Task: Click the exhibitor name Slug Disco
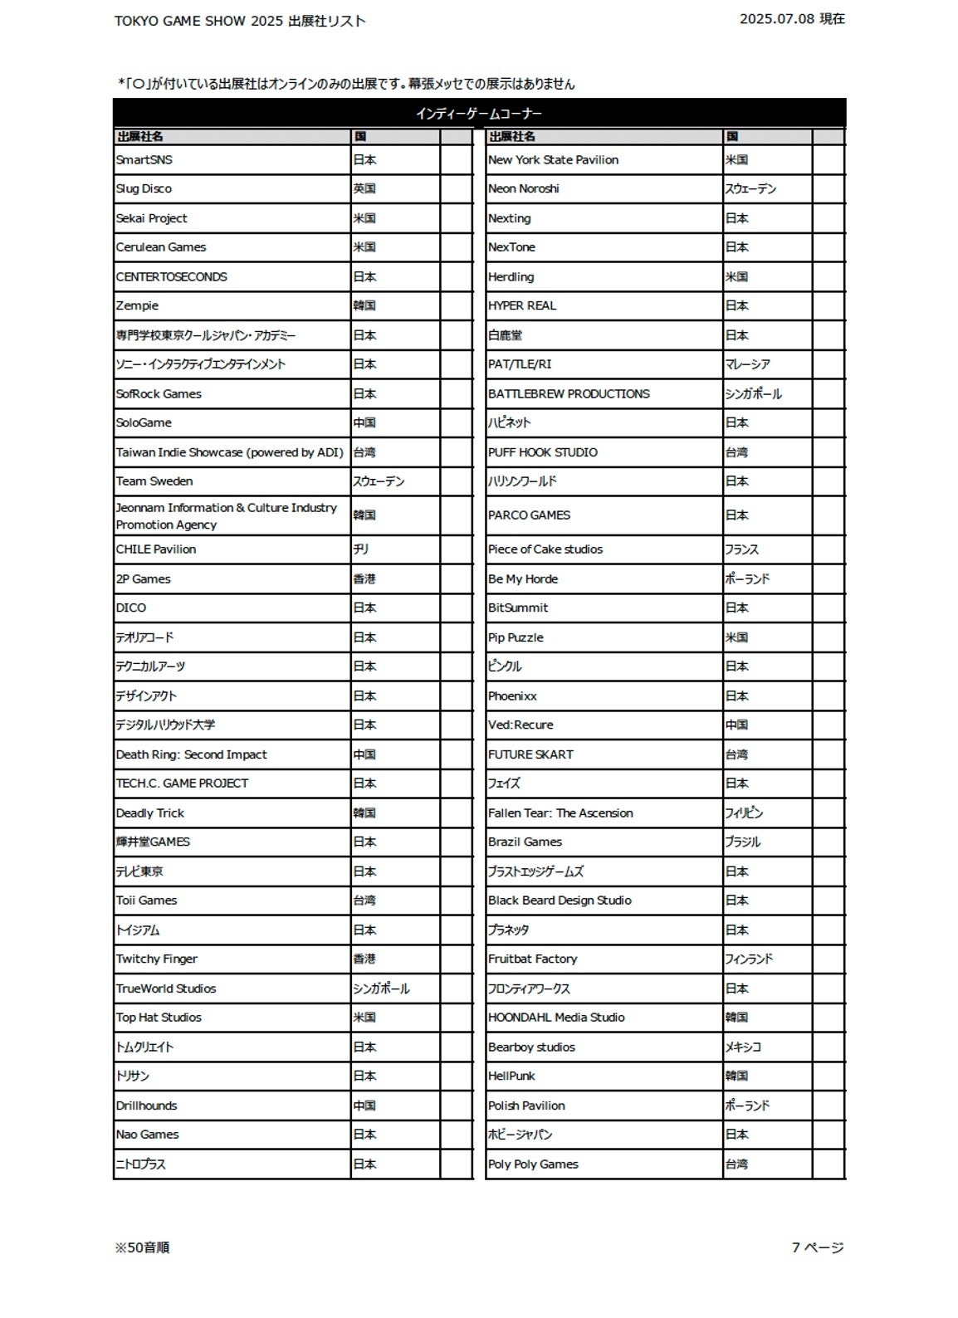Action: point(144,189)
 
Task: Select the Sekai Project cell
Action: point(152,218)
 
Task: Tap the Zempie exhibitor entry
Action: point(138,306)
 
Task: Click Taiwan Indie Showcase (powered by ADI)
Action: point(229,452)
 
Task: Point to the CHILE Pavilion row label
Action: point(156,549)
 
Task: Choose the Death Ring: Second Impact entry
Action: point(192,754)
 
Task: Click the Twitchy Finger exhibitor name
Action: point(157,959)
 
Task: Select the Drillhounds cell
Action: point(147,1106)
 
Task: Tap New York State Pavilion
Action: point(553,160)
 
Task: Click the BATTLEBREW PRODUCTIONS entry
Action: point(569,394)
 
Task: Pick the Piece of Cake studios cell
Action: point(545,549)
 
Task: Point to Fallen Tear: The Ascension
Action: point(560,813)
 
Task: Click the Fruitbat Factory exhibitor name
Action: point(532,959)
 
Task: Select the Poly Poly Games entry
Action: point(533,1164)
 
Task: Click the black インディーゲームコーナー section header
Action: point(479,114)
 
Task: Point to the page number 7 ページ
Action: point(818,1247)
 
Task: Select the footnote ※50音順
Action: point(143,1247)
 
